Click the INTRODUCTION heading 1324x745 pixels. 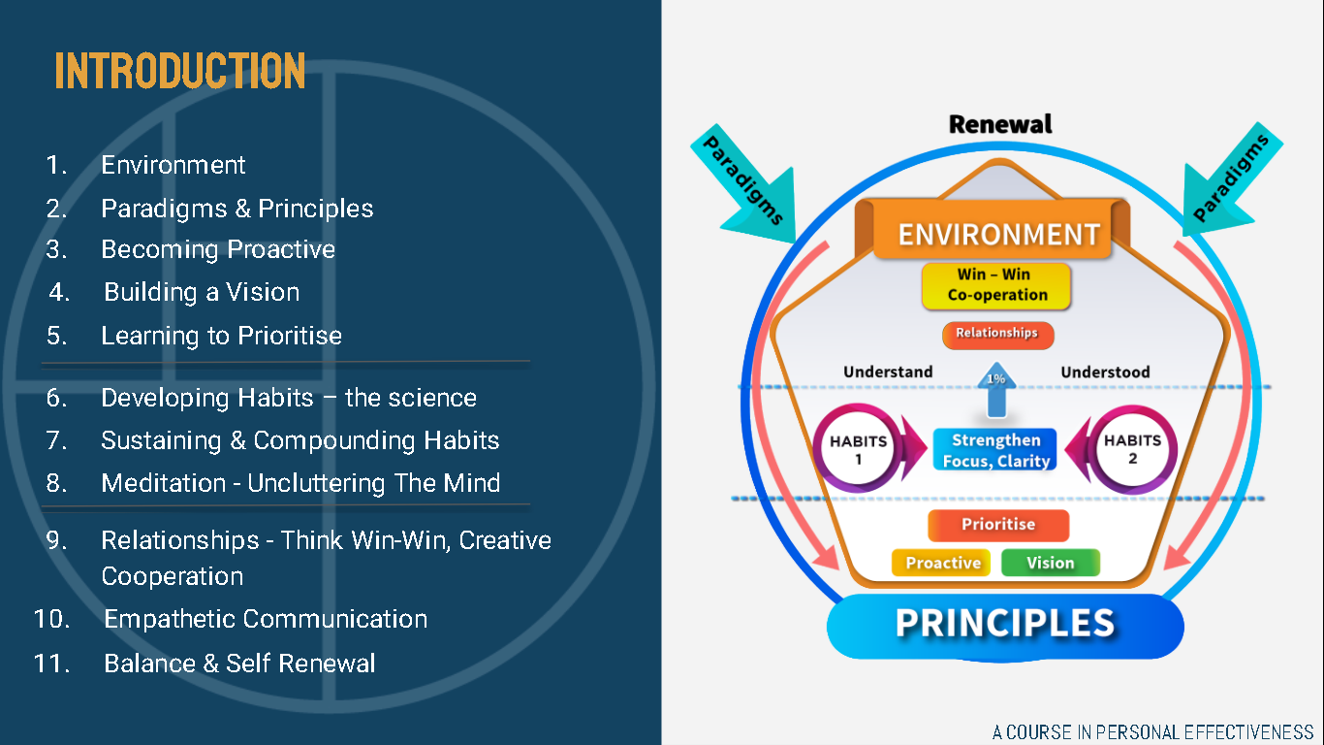click(x=179, y=71)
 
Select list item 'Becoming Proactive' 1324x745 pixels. click(x=218, y=249)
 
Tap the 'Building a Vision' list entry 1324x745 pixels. click(x=202, y=292)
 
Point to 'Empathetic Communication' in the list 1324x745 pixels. click(x=266, y=619)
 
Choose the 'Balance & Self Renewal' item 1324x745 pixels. click(x=239, y=664)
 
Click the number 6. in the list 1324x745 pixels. click(x=57, y=398)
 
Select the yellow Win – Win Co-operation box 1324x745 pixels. click(x=996, y=285)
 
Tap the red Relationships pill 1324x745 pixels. click(x=997, y=335)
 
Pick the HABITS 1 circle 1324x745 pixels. click(x=858, y=448)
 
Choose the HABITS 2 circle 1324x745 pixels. click(x=1132, y=448)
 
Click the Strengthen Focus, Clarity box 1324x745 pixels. click(x=996, y=450)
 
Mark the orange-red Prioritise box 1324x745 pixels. click(x=998, y=525)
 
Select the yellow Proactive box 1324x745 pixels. click(x=943, y=563)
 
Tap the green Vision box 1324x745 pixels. click(x=1051, y=563)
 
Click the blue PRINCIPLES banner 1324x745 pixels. click(x=1005, y=626)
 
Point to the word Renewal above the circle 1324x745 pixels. click(x=1000, y=124)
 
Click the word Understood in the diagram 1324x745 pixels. click(x=1105, y=372)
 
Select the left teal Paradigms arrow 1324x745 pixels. click(x=747, y=183)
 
